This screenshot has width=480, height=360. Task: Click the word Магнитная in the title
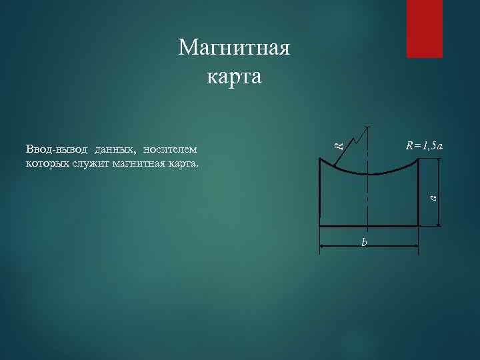[x=234, y=49]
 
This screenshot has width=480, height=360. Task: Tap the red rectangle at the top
[x=425, y=28]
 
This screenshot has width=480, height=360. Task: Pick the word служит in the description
[x=97, y=162]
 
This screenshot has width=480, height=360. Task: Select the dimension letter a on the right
[x=432, y=197]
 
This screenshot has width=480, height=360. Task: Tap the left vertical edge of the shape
[x=320, y=197]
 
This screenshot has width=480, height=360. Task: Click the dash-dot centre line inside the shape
[x=367, y=200]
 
